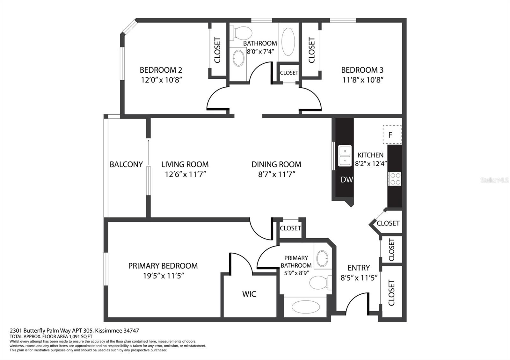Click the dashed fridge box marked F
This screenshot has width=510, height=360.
(392, 134)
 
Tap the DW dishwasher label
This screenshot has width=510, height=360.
(347, 180)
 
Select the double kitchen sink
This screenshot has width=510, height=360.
(345, 156)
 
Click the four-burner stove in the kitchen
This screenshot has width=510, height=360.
(395, 179)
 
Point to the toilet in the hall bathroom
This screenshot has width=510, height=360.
(241, 33)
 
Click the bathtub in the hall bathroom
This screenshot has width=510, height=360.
(288, 42)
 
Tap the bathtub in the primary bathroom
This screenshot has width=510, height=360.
(306, 307)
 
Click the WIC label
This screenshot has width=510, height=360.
(249, 294)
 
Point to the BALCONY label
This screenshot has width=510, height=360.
(126, 164)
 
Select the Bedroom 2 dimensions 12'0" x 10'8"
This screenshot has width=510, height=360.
(161, 80)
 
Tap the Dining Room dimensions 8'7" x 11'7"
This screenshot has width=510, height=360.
(277, 174)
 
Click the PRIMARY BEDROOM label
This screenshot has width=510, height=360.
(163, 266)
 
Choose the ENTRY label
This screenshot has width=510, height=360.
(359, 268)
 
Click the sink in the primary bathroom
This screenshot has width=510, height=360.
(322, 258)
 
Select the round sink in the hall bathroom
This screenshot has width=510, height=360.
(239, 58)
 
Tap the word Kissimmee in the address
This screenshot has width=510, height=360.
(109, 331)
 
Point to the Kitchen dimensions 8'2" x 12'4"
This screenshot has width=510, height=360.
(371, 164)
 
